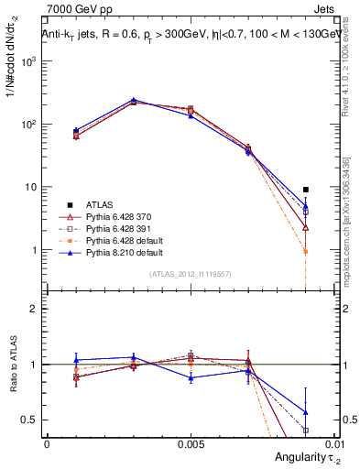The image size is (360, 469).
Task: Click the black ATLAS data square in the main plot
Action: pos(306,190)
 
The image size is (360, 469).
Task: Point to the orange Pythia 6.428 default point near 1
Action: pos(306,251)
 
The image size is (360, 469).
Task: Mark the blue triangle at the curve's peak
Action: pos(134,100)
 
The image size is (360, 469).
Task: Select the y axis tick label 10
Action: pos(33,187)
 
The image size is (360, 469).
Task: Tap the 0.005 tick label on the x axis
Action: pos(190,443)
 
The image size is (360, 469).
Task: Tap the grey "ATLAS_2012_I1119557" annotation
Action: pos(191,273)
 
